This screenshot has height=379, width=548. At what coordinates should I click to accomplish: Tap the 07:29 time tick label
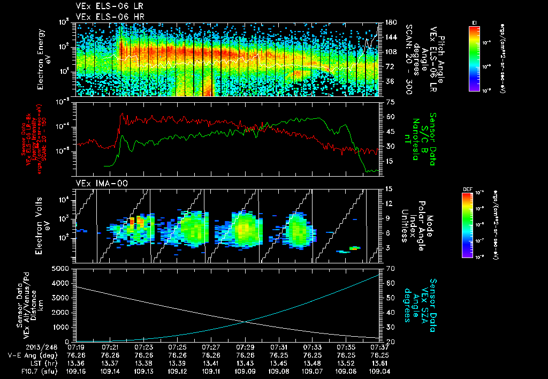245,346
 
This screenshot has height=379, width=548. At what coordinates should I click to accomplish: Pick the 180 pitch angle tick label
389,22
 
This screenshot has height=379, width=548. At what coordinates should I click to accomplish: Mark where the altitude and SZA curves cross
245,321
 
